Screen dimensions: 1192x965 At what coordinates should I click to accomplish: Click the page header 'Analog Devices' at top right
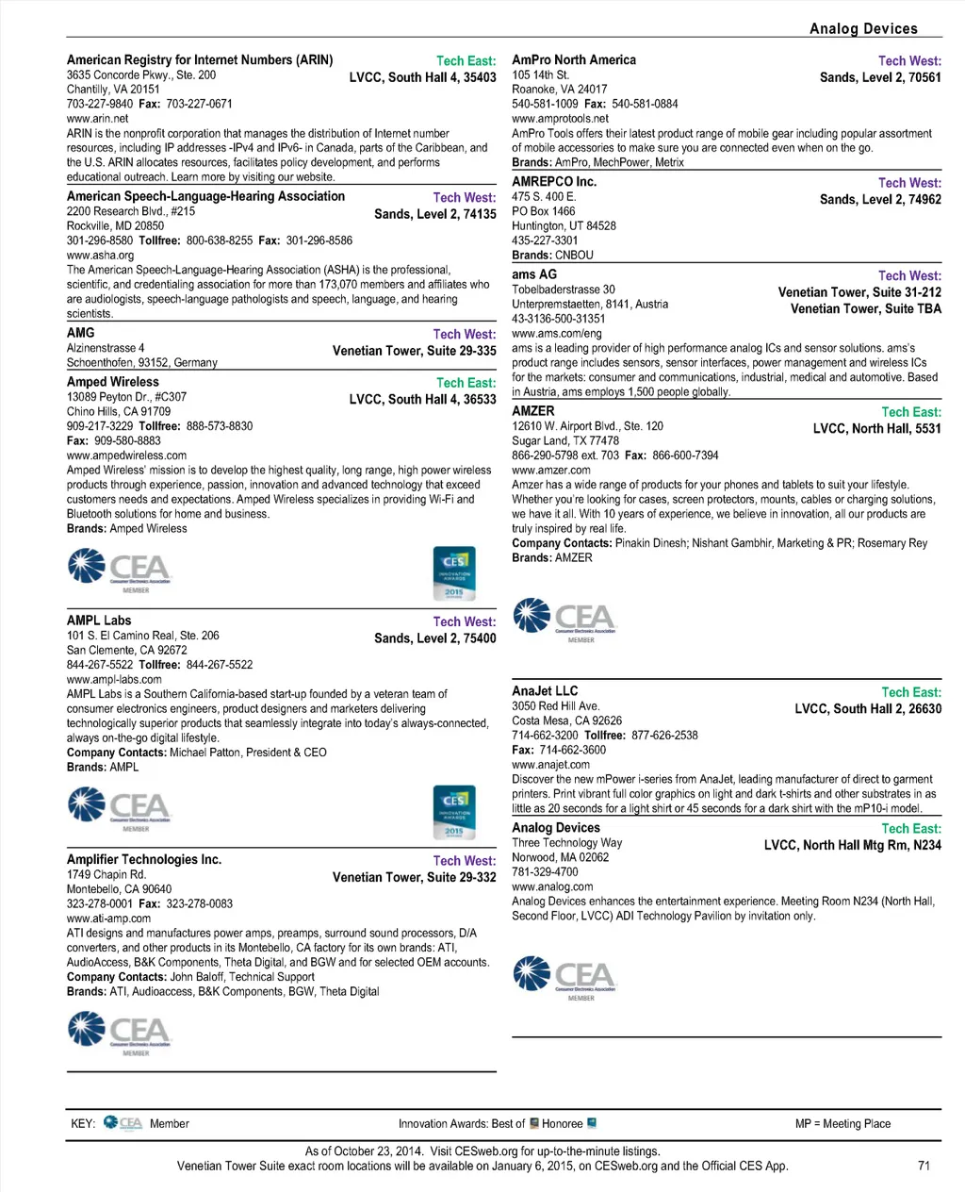[x=862, y=28]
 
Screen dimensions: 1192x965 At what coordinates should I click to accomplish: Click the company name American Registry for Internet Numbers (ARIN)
[x=200, y=60]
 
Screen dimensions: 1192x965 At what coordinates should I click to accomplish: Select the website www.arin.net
[x=97, y=119]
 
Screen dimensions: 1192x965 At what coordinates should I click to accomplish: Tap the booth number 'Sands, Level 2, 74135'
[x=434, y=214]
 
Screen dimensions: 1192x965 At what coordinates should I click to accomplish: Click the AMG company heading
[x=81, y=333]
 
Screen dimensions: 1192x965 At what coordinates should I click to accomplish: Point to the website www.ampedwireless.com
[x=126, y=455]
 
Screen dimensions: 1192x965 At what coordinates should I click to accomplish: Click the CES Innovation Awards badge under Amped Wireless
[x=454, y=573]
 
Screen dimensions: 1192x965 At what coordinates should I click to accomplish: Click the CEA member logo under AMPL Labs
[x=120, y=809]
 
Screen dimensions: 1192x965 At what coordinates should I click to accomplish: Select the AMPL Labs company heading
[x=99, y=621]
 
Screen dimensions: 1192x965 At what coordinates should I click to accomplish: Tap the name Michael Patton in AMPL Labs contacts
[x=204, y=753]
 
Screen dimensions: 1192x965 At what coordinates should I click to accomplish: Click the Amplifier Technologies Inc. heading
[x=144, y=860]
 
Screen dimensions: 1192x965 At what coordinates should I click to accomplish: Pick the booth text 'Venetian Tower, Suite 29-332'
[x=414, y=877]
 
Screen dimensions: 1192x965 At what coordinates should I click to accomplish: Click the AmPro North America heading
[x=574, y=60]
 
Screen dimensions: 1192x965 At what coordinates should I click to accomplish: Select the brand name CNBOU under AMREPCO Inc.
[x=574, y=256]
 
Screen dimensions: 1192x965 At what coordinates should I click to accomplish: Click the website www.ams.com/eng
[x=556, y=334]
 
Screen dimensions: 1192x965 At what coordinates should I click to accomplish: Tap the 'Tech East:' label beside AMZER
[x=910, y=412]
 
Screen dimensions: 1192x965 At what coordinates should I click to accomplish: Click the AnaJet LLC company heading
[x=545, y=691]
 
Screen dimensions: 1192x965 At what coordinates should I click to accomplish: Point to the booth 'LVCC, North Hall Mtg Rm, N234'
[x=852, y=845]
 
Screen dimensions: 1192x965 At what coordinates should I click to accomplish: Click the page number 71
[x=924, y=1166]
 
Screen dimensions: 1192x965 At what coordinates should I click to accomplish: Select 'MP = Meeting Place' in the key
[x=842, y=1124]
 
